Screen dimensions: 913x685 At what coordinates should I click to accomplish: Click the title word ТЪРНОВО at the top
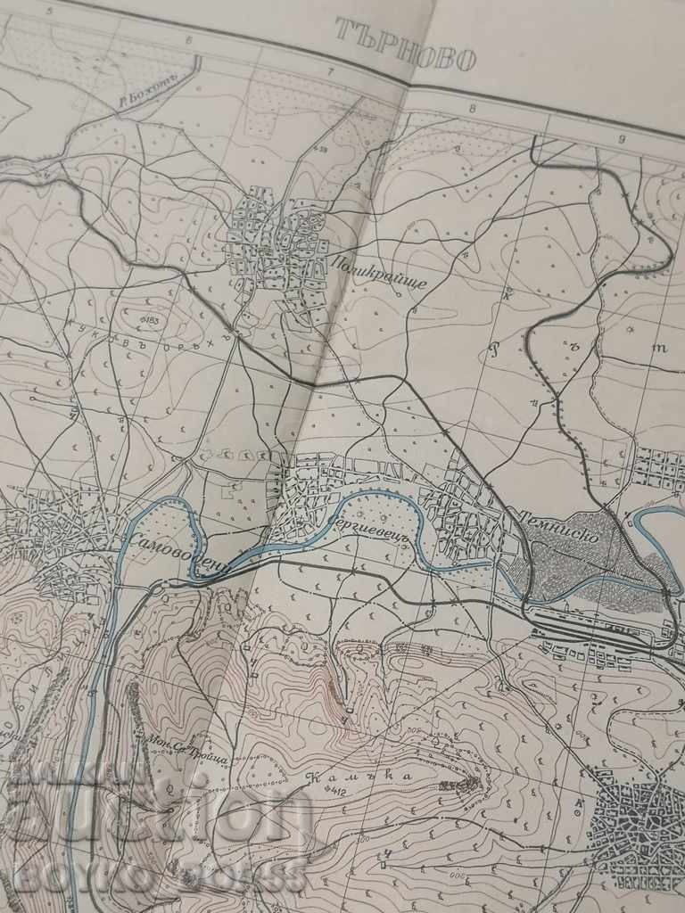(406, 46)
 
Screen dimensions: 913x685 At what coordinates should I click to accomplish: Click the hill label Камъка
(334, 777)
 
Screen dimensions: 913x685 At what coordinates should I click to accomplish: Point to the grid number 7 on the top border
(329, 72)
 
